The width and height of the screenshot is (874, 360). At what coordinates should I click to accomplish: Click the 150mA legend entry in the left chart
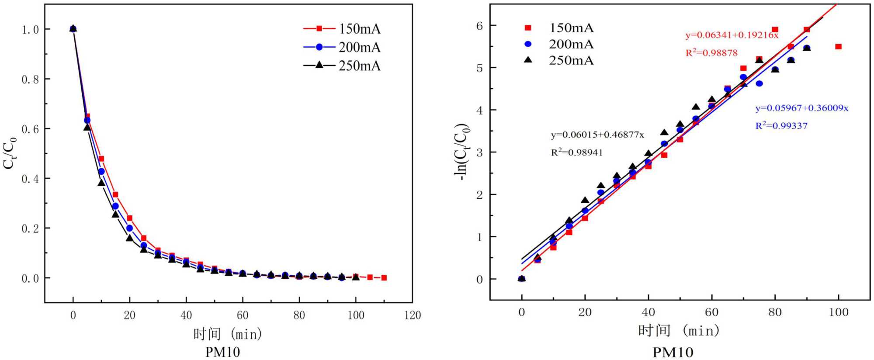click(x=342, y=29)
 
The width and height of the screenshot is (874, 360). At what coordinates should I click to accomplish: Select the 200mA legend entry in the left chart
click(x=342, y=47)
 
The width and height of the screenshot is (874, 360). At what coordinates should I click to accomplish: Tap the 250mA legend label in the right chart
click(x=571, y=60)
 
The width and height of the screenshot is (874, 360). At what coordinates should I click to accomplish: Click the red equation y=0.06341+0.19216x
click(x=732, y=35)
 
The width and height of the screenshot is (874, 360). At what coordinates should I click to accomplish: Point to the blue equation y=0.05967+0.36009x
click(x=802, y=108)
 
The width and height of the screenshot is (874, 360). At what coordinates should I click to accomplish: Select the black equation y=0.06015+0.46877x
click(x=597, y=135)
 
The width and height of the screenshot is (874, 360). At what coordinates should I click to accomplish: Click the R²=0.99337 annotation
click(x=781, y=126)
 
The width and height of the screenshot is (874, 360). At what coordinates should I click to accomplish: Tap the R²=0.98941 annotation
click(x=577, y=152)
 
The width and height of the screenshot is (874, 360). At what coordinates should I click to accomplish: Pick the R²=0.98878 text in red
click(x=711, y=53)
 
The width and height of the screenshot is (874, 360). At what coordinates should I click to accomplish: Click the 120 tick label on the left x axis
click(x=412, y=315)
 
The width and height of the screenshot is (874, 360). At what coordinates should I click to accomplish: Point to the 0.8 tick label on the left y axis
click(x=30, y=80)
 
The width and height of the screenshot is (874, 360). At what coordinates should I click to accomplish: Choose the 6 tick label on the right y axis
click(x=479, y=26)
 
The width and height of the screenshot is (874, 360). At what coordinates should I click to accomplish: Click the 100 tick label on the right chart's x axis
click(x=838, y=312)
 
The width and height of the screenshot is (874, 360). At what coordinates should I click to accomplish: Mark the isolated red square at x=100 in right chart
click(x=838, y=47)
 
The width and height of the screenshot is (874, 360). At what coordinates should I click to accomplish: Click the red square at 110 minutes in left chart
click(x=384, y=278)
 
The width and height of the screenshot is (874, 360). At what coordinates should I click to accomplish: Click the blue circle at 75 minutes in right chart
click(x=759, y=83)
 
